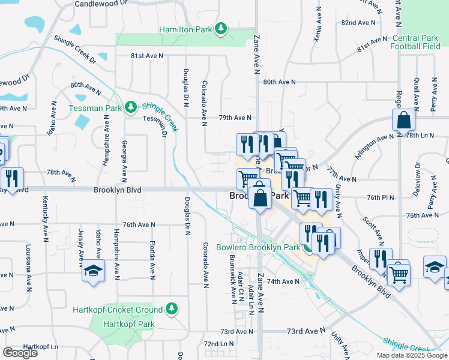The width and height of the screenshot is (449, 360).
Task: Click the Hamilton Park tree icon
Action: (221, 29)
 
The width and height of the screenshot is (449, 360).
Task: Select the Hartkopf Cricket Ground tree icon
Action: (172, 309)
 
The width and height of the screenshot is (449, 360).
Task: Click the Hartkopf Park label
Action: (130, 325)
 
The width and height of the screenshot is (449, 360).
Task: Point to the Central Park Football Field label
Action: (415, 41)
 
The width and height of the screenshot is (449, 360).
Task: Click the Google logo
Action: (20, 353)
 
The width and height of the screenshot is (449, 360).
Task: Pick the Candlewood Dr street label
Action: (102, 4)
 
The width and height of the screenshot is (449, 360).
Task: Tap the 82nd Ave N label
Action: (358, 22)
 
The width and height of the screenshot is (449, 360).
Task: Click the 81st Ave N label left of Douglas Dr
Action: (148, 56)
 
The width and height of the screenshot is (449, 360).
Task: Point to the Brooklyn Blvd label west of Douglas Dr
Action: (117, 190)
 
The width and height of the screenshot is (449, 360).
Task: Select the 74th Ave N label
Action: (283, 281)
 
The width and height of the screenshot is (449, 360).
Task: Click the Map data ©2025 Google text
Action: (411, 355)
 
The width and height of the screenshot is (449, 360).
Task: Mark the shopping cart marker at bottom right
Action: (398, 274)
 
